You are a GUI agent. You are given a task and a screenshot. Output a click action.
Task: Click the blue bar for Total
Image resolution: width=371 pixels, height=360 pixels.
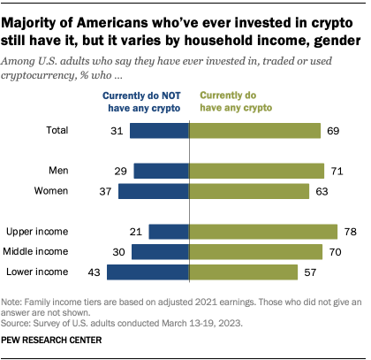click(160, 131)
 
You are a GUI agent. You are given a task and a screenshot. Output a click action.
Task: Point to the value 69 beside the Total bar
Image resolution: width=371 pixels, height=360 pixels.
click(333, 131)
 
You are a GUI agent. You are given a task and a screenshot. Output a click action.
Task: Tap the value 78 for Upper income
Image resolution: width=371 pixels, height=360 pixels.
click(350, 232)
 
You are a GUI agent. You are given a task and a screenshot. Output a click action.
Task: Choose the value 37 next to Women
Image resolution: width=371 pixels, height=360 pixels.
click(105, 190)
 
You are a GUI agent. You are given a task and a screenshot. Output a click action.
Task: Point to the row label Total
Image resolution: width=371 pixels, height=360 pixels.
click(57, 131)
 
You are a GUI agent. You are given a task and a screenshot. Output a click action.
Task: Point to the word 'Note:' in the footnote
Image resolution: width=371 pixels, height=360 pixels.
click(18, 303)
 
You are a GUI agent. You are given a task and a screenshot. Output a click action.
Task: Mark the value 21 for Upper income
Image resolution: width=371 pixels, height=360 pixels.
click(135, 232)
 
